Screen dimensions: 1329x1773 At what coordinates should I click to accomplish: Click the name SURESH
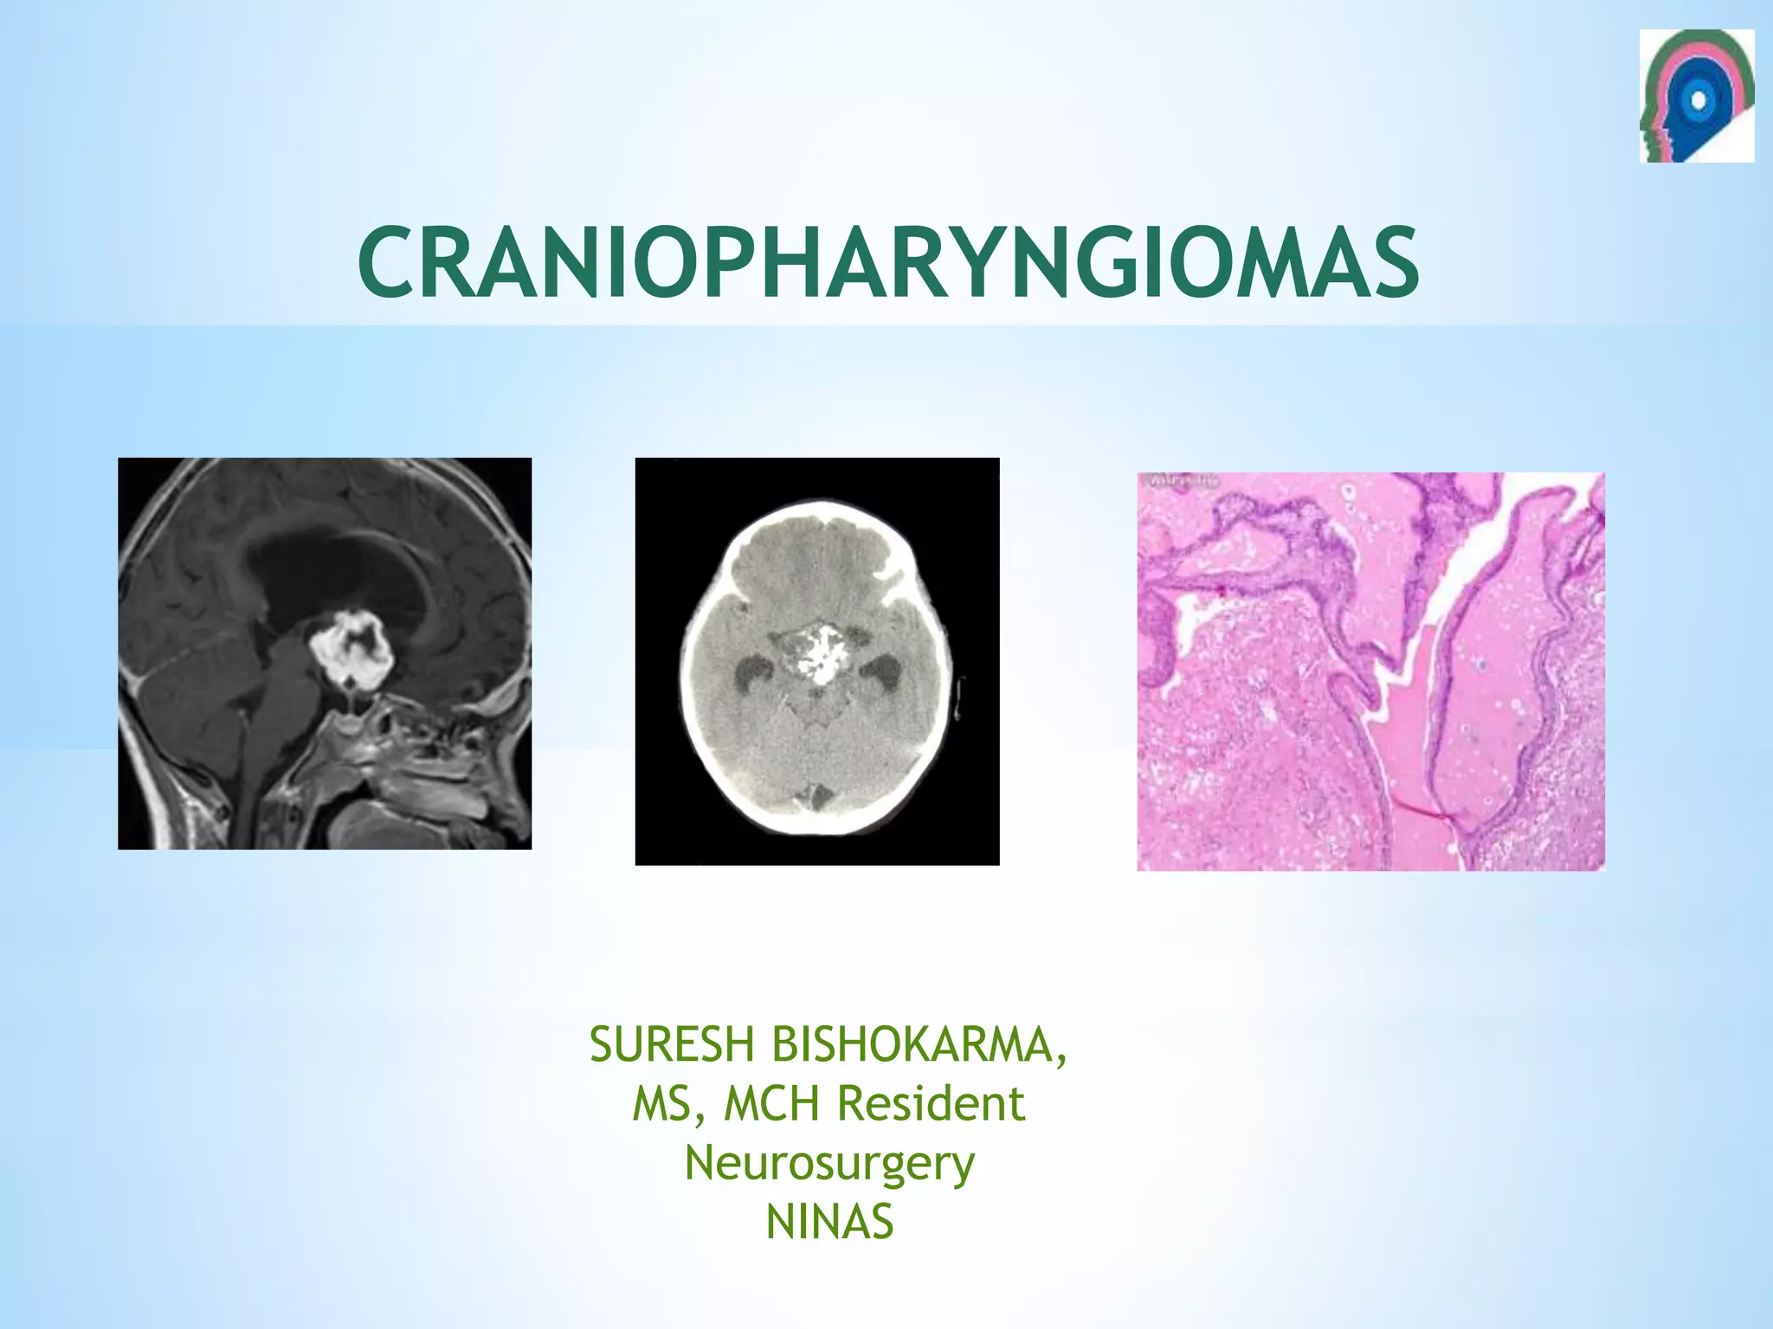click(x=672, y=1044)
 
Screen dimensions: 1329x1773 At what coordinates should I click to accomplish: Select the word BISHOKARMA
click(x=908, y=1044)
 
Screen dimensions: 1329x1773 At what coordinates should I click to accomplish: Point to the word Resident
click(x=931, y=1104)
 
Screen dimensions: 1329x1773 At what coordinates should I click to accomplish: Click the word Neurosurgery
click(x=828, y=1164)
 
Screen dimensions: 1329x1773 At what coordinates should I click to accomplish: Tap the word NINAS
click(x=828, y=1223)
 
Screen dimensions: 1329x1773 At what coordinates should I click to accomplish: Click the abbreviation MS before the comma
click(x=660, y=1104)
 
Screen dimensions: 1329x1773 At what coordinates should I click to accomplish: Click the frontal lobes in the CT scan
click(x=814, y=554)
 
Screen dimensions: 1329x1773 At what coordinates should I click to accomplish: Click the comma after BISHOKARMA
click(x=1061, y=1060)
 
